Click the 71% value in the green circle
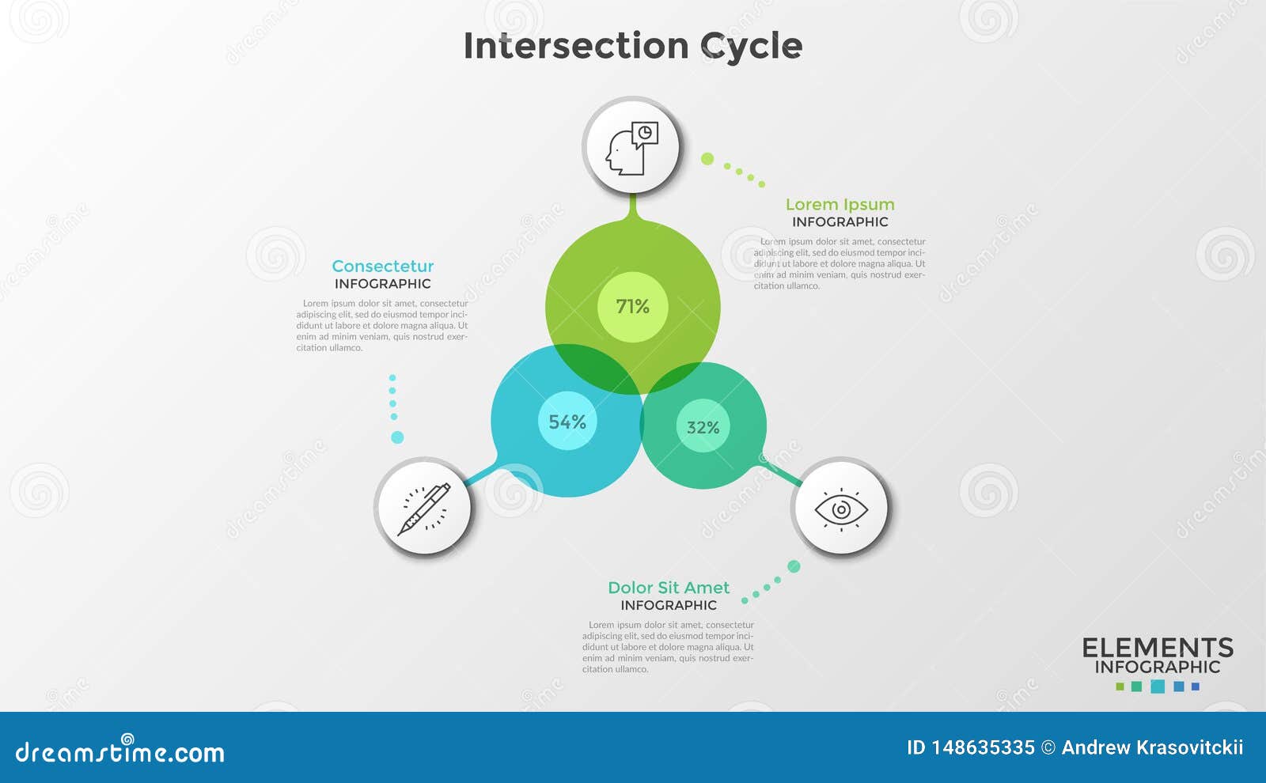pyautogui.click(x=632, y=307)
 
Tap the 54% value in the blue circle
pyautogui.click(x=567, y=422)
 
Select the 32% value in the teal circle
pyautogui.click(x=703, y=428)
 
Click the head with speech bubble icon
pyautogui.click(x=631, y=147)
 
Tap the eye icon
pyautogui.click(x=841, y=509)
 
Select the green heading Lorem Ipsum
pyautogui.click(x=840, y=205)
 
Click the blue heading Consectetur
pyautogui.click(x=383, y=267)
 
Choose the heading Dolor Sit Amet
pyautogui.click(x=669, y=588)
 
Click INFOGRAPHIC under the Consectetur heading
pyautogui.click(x=383, y=284)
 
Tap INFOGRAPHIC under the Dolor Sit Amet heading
pyautogui.click(x=669, y=605)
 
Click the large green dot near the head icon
pyautogui.click(x=707, y=159)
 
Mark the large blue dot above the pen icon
pyautogui.click(x=397, y=437)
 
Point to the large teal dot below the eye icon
pyautogui.click(x=794, y=566)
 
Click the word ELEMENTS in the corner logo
pyautogui.click(x=1158, y=648)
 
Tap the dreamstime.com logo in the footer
pyautogui.click(x=120, y=751)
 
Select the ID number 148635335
pyautogui.click(x=983, y=747)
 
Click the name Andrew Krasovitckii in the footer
pyautogui.click(x=1152, y=747)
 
